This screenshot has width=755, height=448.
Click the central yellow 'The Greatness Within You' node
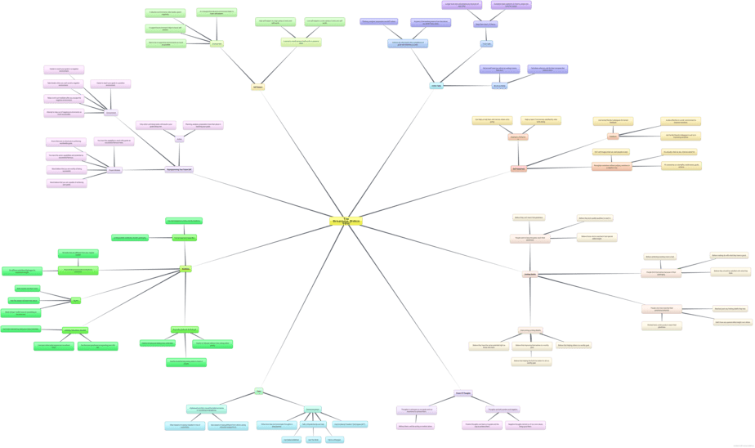coord(346,221)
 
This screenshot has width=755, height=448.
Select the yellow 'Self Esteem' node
coord(257,86)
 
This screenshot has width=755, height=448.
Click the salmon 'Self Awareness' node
coord(518,168)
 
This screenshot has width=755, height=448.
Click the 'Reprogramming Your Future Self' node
coord(179,169)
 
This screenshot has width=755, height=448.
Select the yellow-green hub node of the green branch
coord(185,267)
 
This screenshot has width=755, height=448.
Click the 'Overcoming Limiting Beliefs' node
coord(531,329)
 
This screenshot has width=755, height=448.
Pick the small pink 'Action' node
coord(179,139)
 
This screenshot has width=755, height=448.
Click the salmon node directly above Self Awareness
coord(518,137)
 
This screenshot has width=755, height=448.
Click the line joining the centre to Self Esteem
coord(301,151)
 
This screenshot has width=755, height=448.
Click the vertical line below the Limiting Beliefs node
coord(530,302)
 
